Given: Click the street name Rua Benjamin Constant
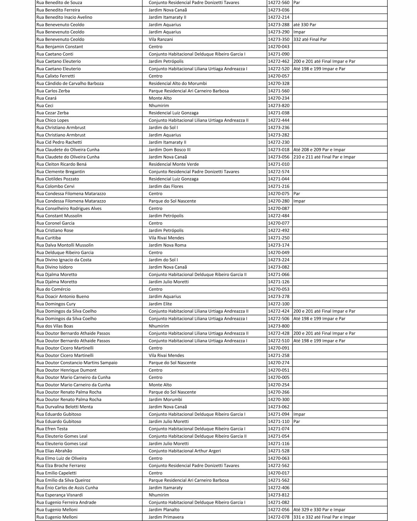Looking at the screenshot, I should coord(59,47).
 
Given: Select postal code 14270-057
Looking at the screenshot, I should coord(278,76).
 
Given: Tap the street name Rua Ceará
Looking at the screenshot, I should coord(46,98).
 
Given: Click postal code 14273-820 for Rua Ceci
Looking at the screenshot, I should coord(278,105).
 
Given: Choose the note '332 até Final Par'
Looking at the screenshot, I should coord(310,39).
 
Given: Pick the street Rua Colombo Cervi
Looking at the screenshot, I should coord(55,186).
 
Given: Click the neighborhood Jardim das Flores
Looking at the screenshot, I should coord(166,186).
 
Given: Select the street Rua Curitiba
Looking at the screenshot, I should coord(48,238).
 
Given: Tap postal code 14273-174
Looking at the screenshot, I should coord(278,245).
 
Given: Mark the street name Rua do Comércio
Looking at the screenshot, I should coord(53,289).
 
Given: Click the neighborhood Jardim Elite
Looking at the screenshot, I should coord(160,304).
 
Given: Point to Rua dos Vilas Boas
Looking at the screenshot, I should coord(54,326).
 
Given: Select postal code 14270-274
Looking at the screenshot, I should coord(278,363).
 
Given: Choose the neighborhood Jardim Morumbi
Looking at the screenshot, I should coord(165,399).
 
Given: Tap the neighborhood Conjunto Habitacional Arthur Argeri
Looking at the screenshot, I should coord(185,451).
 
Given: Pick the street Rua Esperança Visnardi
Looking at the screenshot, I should coord(59,495).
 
